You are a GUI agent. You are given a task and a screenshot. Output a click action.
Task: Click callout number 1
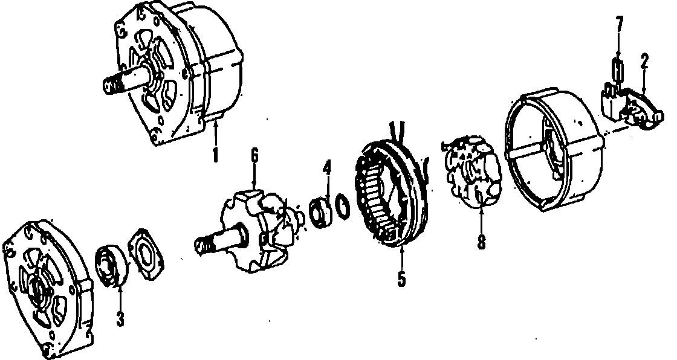(215, 155)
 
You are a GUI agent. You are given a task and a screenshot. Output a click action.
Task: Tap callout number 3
(120, 319)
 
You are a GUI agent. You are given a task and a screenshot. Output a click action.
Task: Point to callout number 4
(327, 168)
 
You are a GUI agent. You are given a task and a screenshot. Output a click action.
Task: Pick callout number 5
(401, 279)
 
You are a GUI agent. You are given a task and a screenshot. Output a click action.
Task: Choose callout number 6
(254, 155)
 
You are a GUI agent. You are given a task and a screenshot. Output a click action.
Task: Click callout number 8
(481, 242)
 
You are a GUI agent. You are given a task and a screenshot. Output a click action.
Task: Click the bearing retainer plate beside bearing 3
(146, 254)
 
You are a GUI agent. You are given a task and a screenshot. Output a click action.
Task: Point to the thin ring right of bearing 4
(342, 207)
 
